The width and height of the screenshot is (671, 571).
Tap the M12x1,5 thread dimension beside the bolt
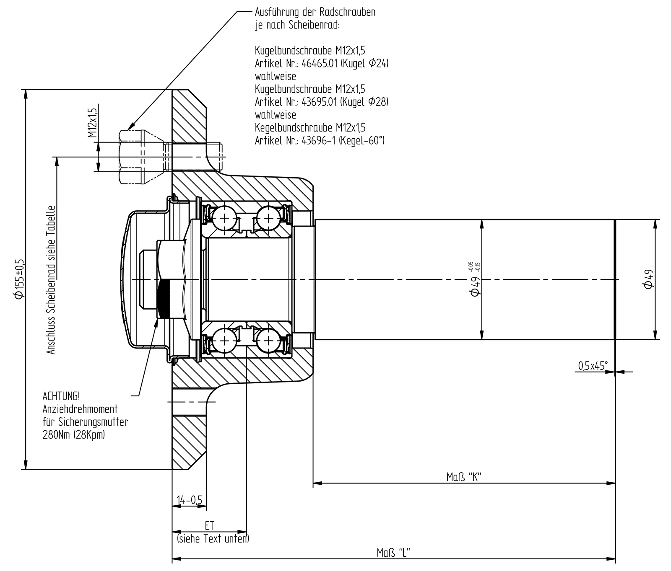[92, 123]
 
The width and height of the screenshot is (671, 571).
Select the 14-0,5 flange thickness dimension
[189, 500]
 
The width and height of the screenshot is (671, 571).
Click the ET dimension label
[209, 526]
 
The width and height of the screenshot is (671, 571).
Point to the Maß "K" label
[463, 477]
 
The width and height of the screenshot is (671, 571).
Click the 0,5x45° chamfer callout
[593, 366]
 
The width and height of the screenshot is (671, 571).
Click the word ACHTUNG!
[60, 396]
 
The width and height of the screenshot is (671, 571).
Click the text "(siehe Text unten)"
[213, 538]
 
